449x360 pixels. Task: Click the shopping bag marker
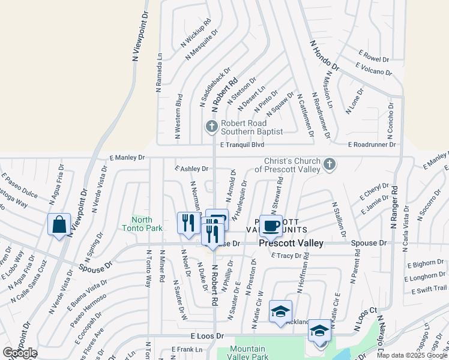(59, 225)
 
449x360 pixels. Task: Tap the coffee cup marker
(270, 226)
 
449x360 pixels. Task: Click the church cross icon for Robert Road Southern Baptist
(211, 127)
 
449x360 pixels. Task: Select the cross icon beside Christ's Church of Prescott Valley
(329, 164)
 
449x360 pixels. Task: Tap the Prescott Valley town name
(291, 243)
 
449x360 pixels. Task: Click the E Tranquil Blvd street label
(242, 145)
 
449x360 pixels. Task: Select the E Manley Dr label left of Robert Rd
(127, 157)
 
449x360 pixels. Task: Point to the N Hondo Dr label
(325, 55)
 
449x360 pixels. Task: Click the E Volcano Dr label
(373, 69)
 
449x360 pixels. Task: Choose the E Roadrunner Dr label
(372, 145)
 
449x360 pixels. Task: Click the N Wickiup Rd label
(196, 31)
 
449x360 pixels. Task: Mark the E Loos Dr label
(207, 337)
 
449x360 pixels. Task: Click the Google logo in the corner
(20, 353)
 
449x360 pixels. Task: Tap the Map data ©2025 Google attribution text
(412, 355)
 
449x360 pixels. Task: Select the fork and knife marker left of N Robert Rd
(188, 223)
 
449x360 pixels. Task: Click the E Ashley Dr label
(191, 169)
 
